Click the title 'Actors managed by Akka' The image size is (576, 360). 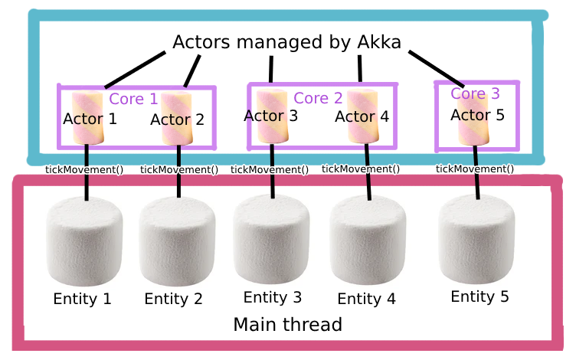pyautogui.click(x=286, y=42)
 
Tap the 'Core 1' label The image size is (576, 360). pyautogui.click(x=133, y=99)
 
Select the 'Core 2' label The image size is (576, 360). pyautogui.click(x=318, y=98)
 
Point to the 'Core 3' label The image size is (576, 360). pyautogui.click(x=475, y=93)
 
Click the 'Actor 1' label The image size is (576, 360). pyautogui.click(x=90, y=119)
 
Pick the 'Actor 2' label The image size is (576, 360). pyautogui.click(x=177, y=119)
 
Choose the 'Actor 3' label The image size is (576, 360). pyautogui.click(x=270, y=116)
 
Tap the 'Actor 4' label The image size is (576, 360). pyautogui.click(x=362, y=116)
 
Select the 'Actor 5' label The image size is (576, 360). pyautogui.click(x=477, y=115)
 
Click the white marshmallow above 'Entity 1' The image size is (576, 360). pyautogui.click(x=84, y=242)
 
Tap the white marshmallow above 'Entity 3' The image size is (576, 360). pyautogui.click(x=271, y=239)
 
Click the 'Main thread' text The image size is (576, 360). pyautogui.click(x=287, y=325)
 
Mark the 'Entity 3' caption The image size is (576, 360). pyautogui.click(x=272, y=297)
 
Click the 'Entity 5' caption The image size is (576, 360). pyautogui.click(x=479, y=296)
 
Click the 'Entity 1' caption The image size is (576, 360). pyautogui.click(x=82, y=299)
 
